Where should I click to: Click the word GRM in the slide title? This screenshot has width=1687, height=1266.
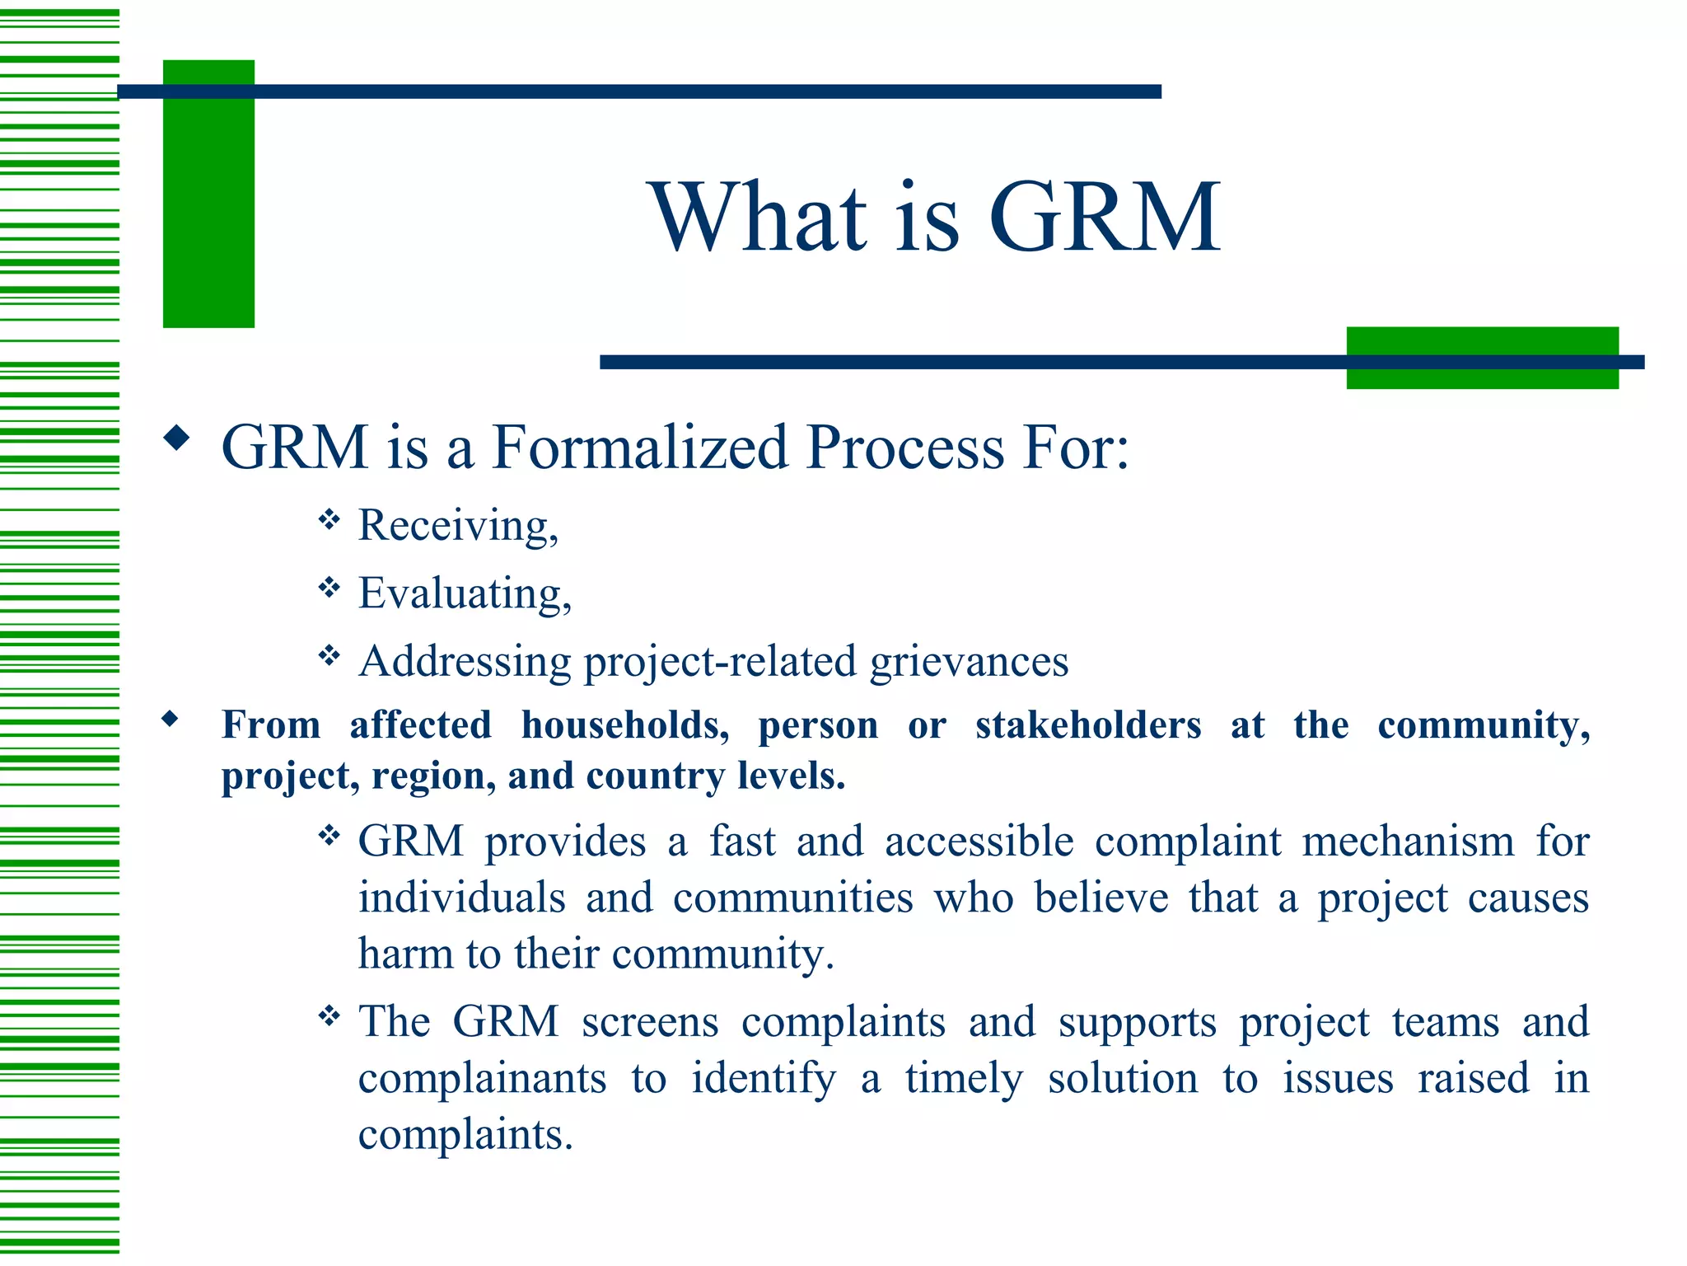(x=1104, y=218)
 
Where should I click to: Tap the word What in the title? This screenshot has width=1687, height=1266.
(x=759, y=218)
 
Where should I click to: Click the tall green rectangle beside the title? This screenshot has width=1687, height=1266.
(x=208, y=194)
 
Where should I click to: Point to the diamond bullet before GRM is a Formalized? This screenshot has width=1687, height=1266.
(x=176, y=438)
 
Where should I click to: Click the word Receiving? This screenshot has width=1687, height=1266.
(x=458, y=526)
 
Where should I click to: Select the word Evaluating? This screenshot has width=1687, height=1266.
(x=465, y=593)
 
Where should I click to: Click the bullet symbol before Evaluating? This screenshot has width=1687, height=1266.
(x=329, y=588)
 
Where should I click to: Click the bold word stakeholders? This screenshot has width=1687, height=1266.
(x=1088, y=725)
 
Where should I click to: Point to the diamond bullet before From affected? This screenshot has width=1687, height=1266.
(x=171, y=719)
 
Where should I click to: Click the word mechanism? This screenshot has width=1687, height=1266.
(x=1408, y=842)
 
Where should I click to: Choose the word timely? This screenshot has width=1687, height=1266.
(x=964, y=1078)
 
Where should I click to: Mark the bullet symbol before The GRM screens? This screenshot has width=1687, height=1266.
(x=329, y=1016)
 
